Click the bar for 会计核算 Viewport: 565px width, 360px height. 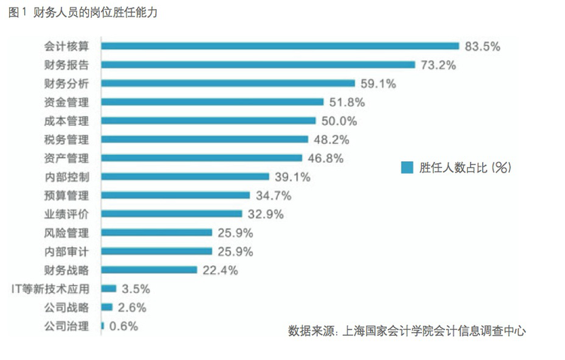279,46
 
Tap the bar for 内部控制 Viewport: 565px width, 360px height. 185,177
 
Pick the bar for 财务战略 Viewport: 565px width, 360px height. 148,270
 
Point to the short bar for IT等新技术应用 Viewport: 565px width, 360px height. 108,288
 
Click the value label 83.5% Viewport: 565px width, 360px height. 483,46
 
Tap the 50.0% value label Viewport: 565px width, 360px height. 339,121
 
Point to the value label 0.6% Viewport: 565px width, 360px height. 124,326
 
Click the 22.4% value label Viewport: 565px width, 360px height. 220,270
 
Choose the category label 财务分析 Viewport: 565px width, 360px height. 67,84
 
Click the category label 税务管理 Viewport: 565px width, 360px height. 67,139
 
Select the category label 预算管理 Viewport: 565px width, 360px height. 67,195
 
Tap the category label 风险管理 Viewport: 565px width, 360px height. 67,233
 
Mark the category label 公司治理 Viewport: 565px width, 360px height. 67,326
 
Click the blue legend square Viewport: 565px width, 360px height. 407,167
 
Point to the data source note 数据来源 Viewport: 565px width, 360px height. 406,331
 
